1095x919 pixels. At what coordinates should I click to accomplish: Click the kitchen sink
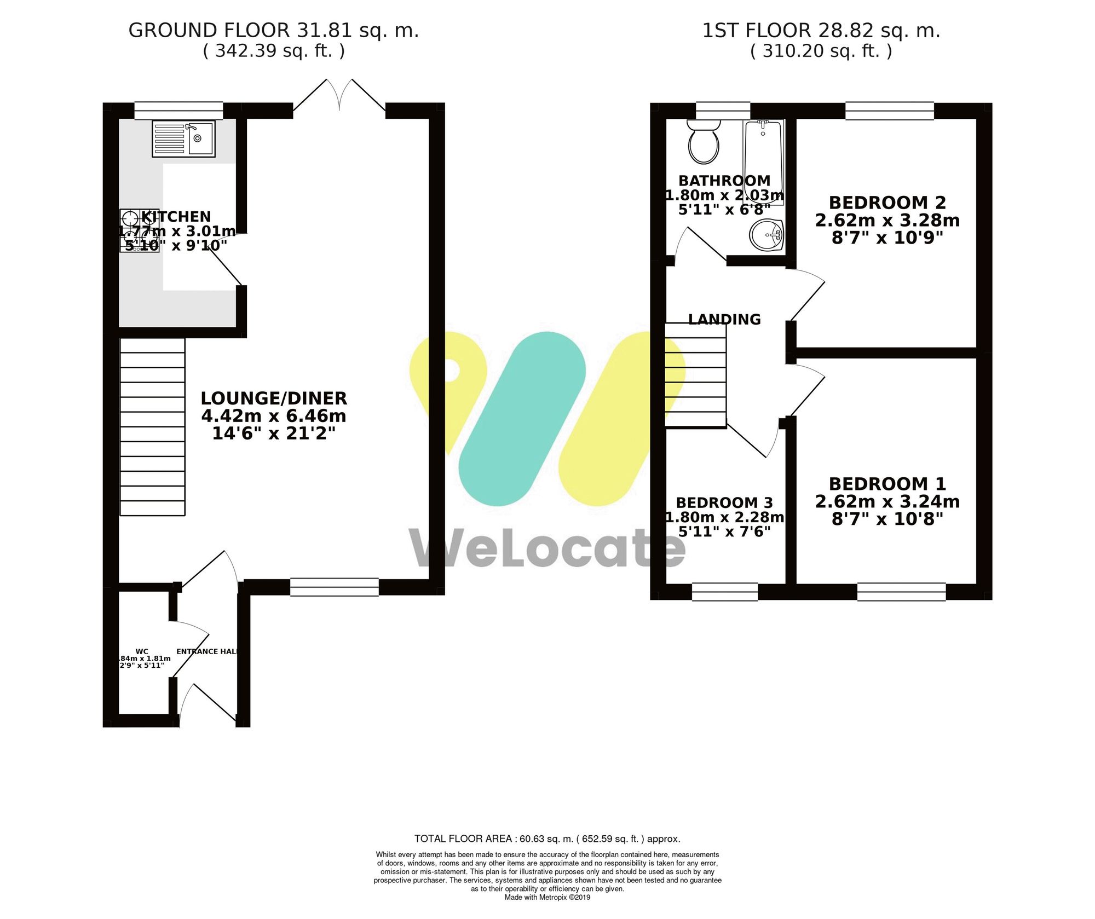(x=183, y=138)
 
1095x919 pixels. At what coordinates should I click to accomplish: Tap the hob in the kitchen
(x=139, y=231)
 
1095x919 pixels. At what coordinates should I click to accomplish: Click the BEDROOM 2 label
(x=887, y=203)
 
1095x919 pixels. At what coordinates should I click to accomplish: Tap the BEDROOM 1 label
(x=887, y=484)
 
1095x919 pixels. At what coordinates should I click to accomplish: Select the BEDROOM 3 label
(x=724, y=502)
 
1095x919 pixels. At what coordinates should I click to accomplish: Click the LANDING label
(x=724, y=319)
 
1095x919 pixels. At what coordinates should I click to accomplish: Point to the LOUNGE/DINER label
(x=274, y=398)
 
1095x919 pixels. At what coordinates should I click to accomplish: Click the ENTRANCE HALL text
(x=207, y=651)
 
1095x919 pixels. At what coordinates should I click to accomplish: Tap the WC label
(x=141, y=651)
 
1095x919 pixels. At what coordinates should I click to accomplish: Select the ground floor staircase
(x=152, y=427)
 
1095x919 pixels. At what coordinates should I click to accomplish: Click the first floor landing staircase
(x=695, y=375)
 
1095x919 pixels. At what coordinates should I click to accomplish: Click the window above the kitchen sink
(x=178, y=111)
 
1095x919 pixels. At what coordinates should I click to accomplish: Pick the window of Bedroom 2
(x=889, y=111)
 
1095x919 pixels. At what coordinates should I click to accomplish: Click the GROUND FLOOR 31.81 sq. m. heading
(x=274, y=31)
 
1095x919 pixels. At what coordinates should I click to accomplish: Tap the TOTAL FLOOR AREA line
(x=547, y=839)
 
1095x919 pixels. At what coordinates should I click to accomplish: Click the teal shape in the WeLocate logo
(x=522, y=419)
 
